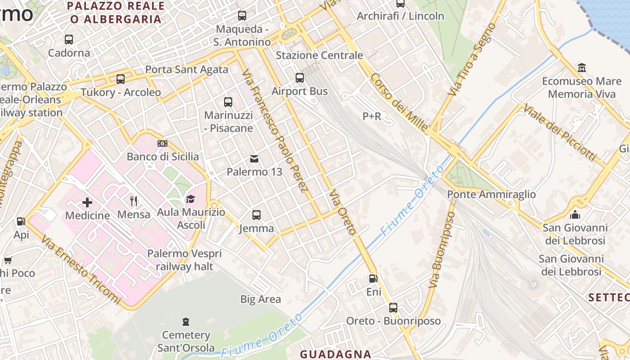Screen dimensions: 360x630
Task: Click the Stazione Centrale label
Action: tap(319, 55)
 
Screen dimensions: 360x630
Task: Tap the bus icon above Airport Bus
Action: tap(300, 78)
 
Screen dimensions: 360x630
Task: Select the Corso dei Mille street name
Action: tap(399, 102)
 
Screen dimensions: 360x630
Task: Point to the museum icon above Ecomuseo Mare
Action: tap(582, 68)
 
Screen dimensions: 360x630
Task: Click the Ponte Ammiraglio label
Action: tap(491, 194)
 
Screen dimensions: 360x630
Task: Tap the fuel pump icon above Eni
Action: tap(373, 279)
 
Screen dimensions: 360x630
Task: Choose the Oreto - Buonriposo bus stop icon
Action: tap(393, 308)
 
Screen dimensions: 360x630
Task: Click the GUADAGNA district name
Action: tap(336, 354)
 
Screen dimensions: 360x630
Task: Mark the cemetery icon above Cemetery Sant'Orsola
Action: tap(186, 322)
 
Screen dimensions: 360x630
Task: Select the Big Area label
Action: tap(261, 299)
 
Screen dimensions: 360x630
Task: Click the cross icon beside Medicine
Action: tap(87, 202)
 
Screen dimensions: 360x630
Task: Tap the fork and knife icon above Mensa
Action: tap(133, 201)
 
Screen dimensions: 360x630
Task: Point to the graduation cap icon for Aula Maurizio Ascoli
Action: tap(191, 199)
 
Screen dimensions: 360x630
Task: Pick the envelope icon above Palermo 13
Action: tap(254, 158)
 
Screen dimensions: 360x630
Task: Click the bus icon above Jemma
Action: tap(256, 215)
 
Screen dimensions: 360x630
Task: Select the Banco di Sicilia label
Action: tap(162, 157)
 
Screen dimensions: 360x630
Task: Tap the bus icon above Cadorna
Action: tap(69, 40)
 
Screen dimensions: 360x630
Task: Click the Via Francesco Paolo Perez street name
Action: tap(274, 130)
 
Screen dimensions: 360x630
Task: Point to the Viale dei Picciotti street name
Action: tap(559, 133)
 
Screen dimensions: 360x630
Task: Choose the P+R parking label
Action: tap(372, 117)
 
